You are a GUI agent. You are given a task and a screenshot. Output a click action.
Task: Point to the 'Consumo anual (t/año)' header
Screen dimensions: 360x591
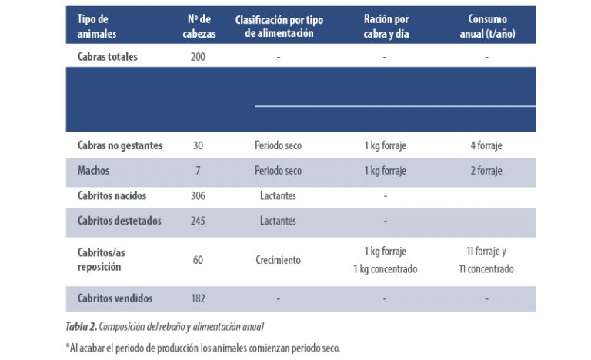click(x=486, y=25)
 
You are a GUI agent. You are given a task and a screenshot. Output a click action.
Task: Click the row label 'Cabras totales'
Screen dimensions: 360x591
click(x=108, y=57)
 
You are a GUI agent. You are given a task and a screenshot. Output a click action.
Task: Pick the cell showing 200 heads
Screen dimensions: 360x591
click(x=199, y=57)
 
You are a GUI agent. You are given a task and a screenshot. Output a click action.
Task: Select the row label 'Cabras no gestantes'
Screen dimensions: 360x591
click(x=120, y=145)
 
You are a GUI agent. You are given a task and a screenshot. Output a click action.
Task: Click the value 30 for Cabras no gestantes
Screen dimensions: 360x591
click(x=199, y=145)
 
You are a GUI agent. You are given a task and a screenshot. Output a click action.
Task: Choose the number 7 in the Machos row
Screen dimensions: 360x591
click(x=199, y=171)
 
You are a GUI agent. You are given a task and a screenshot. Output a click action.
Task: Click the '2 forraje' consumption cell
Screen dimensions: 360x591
click(x=486, y=171)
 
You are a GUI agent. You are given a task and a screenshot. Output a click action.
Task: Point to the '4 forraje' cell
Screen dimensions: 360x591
click(x=486, y=145)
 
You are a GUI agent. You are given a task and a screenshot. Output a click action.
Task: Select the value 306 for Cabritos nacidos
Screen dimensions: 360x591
click(x=199, y=196)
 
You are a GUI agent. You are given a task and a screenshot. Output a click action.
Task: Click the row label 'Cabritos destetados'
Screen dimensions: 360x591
click(x=119, y=221)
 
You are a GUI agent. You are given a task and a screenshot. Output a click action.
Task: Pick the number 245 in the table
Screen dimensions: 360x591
click(x=199, y=221)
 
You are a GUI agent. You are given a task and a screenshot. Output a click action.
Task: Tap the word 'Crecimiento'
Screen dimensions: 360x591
click(x=278, y=260)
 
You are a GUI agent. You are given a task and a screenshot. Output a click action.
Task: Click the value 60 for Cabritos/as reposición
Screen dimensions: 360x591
click(x=199, y=260)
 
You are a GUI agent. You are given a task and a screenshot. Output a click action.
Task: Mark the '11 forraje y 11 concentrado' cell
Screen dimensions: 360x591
click(x=486, y=260)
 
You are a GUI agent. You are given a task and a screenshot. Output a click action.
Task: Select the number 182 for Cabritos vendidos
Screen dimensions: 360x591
click(x=199, y=298)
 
